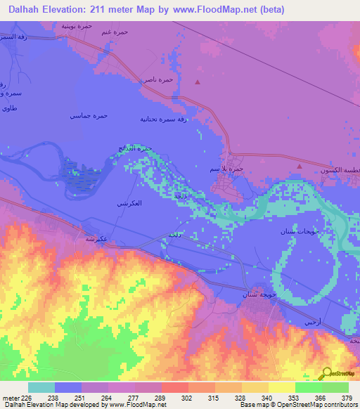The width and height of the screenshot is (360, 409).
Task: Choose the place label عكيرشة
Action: [x=96, y=239]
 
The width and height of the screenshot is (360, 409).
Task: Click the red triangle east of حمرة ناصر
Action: [x=198, y=82]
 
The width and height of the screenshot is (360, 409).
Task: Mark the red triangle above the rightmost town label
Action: [x=299, y=165]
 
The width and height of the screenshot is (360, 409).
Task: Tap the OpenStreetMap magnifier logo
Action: [x=326, y=373]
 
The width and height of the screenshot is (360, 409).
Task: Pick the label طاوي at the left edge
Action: [x=9, y=108]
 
